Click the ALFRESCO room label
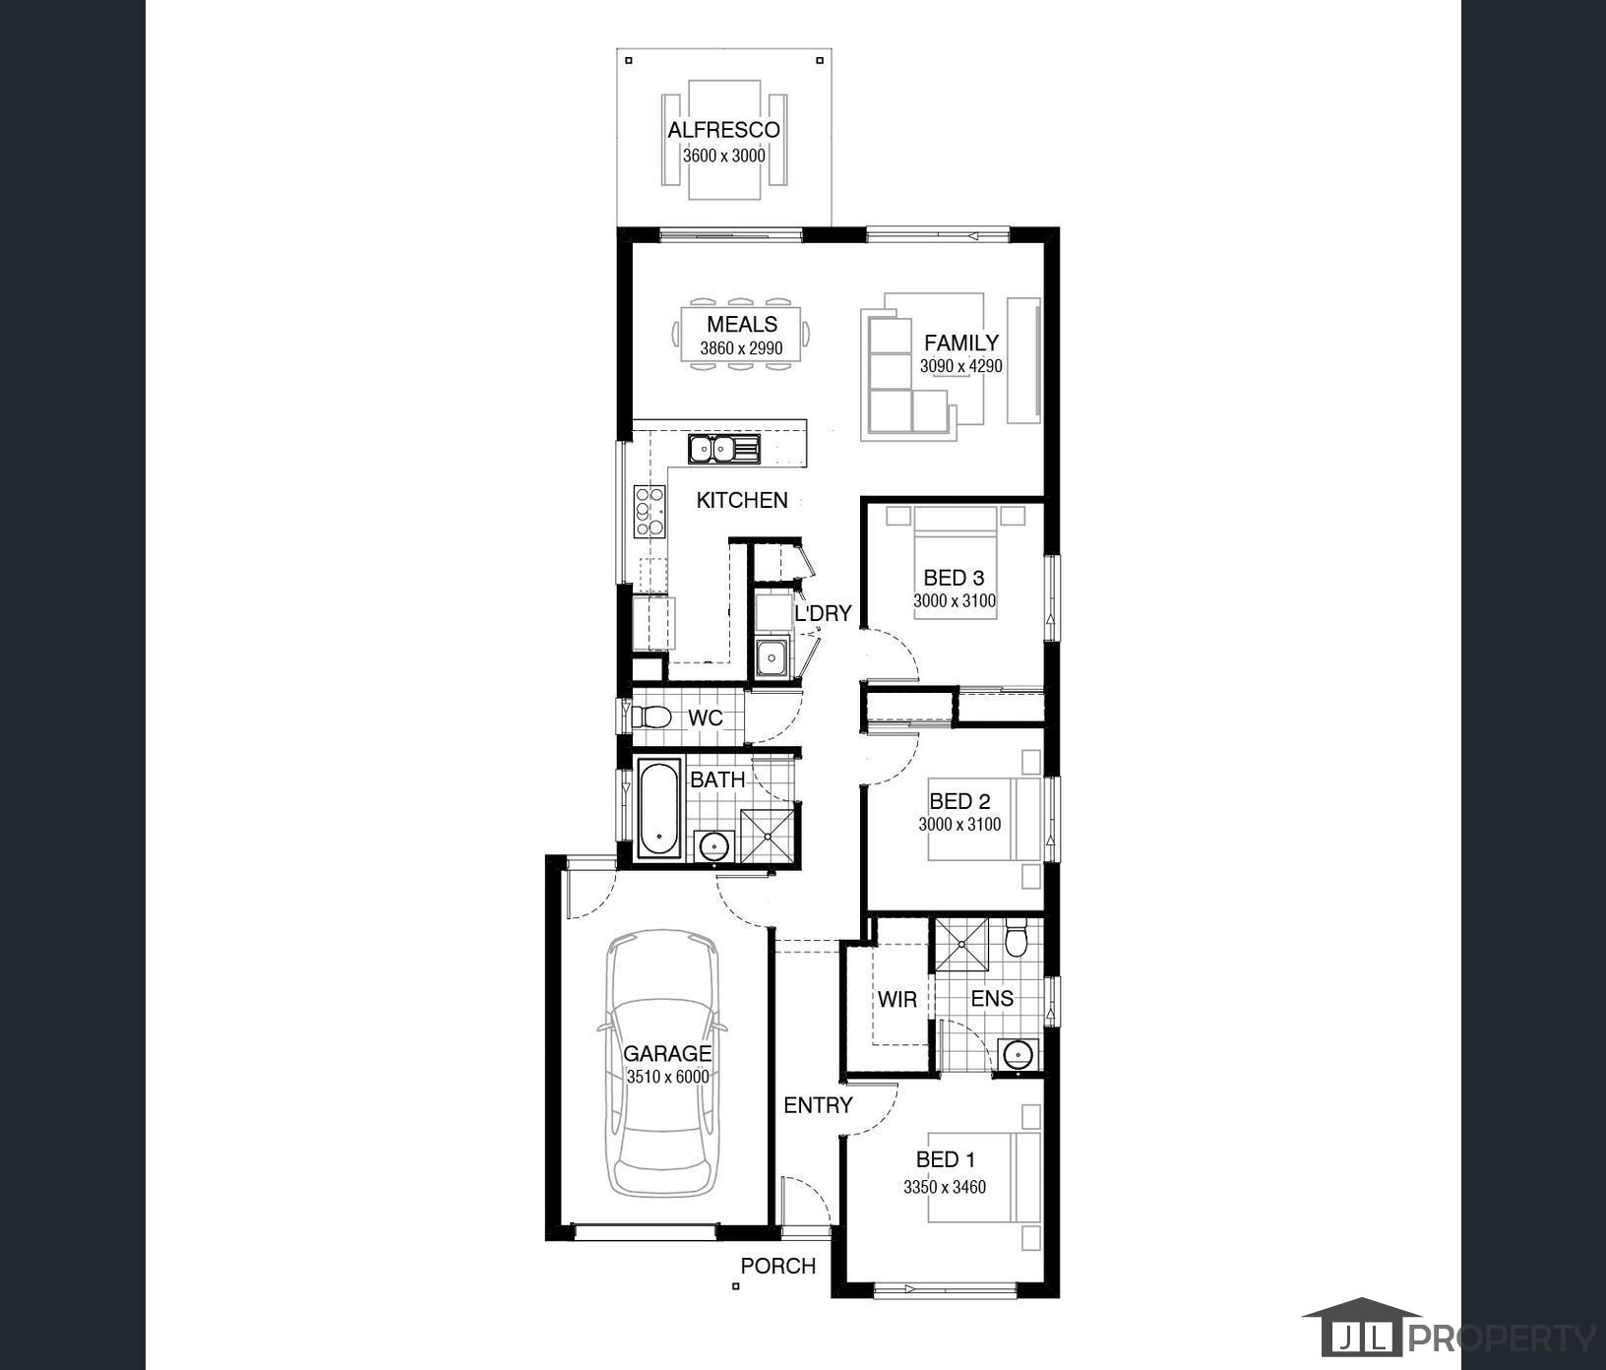[x=723, y=130]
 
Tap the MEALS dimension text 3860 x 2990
[x=741, y=348]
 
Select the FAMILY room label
[x=961, y=342]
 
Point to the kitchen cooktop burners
[x=649, y=511]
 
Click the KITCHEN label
[x=742, y=500]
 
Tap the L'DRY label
[x=823, y=613]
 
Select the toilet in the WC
[x=650, y=716]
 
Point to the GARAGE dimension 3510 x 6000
[x=667, y=1077]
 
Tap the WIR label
[x=896, y=1000]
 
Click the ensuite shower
[x=961, y=943]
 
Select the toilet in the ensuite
[x=1017, y=938]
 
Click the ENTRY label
[x=818, y=1105]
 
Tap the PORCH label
[x=777, y=1266]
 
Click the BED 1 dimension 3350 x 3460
[x=945, y=1187]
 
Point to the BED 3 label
[x=954, y=578]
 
